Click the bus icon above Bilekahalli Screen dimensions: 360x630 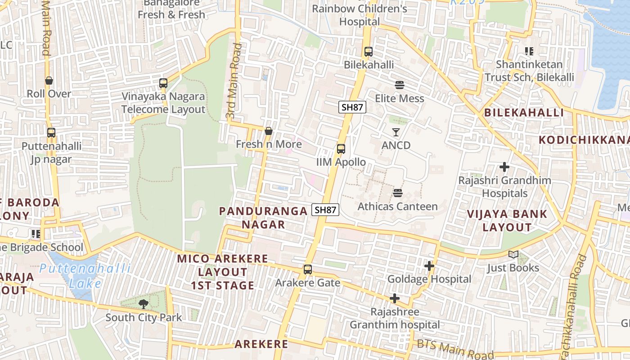click(x=369, y=52)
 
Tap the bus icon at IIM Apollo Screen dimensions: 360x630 click(x=341, y=149)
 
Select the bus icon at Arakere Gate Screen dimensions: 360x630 click(x=308, y=270)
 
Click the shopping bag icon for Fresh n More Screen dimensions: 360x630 click(x=269, y=131)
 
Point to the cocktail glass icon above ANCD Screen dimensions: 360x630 click(x=396, y=132)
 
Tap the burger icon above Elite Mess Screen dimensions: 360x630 click(x=399, y=85)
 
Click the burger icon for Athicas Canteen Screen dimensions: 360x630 click(x=397, y=193)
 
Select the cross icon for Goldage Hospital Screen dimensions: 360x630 click(x=429, y=266)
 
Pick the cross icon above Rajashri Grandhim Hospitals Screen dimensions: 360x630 click(x=504, y=167)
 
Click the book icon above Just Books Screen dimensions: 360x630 click(x=513, y=255)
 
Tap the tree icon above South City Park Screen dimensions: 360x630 click(x=144, y=304)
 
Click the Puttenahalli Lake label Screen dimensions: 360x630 click(x=85, y=276)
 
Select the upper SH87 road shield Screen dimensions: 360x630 click(x=352, y=107)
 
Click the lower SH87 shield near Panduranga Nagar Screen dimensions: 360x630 click(x=325, y=210)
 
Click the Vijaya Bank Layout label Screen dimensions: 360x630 click(x=507, y=220)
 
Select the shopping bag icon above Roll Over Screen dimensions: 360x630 click(x=49, y=81)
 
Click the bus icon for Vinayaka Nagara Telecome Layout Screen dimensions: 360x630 click(x=163, y=83)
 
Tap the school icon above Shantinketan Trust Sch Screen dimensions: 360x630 click(x=529, y=51)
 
